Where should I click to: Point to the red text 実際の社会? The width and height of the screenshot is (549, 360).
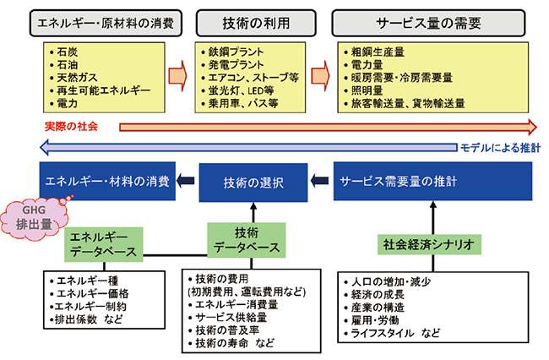(x=72, y=126)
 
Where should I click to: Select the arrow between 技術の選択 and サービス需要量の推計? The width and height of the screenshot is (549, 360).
(x=319, y=180)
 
